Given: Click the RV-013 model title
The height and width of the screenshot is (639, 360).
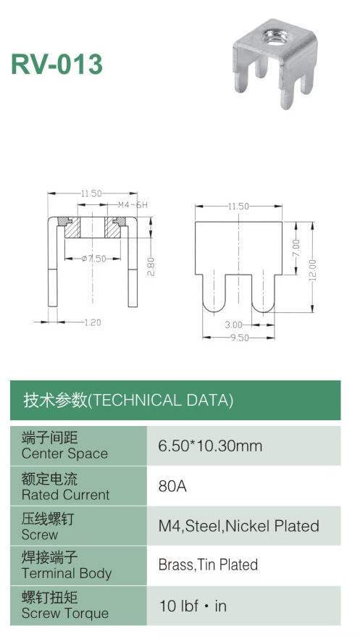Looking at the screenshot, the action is [56, 64].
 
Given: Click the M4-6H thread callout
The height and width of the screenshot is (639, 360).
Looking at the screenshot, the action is [133, 204].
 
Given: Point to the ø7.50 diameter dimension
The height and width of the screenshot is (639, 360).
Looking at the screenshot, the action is [94, 259].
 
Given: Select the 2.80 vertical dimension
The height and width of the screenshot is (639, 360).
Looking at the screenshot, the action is [151, 267].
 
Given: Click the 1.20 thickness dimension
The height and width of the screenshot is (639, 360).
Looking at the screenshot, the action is [93, 322].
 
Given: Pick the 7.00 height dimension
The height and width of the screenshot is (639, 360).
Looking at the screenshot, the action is [296, 248].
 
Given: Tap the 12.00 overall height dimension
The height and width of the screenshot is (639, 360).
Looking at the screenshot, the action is [312, 270].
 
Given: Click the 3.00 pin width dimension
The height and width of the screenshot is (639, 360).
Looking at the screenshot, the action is [233, 325].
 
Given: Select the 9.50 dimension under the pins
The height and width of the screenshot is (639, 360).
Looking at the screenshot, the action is [240, 338].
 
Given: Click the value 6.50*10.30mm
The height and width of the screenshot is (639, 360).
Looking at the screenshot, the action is [210, 446].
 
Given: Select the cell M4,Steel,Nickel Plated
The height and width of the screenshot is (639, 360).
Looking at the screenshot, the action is [238, 526].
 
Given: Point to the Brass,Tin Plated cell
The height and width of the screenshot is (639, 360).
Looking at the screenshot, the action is [208, 565].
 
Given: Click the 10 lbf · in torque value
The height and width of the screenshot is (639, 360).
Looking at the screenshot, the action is [193, 606].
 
